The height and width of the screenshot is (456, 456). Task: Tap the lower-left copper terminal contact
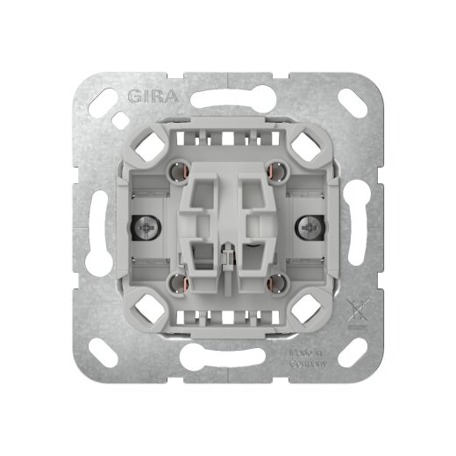coord(181,282)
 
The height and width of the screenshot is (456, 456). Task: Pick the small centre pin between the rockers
coord(228,260)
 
